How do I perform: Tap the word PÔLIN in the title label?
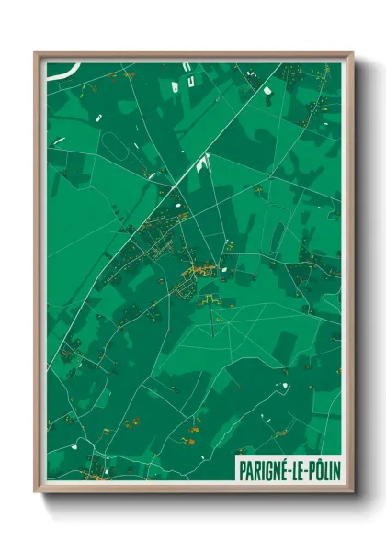318,467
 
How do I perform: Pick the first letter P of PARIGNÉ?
243,467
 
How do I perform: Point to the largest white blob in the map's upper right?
267,91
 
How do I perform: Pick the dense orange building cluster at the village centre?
198,271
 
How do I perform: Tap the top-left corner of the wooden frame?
36,52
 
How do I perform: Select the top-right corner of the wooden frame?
352,52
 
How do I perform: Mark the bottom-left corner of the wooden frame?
36,493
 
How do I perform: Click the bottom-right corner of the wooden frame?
352,493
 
